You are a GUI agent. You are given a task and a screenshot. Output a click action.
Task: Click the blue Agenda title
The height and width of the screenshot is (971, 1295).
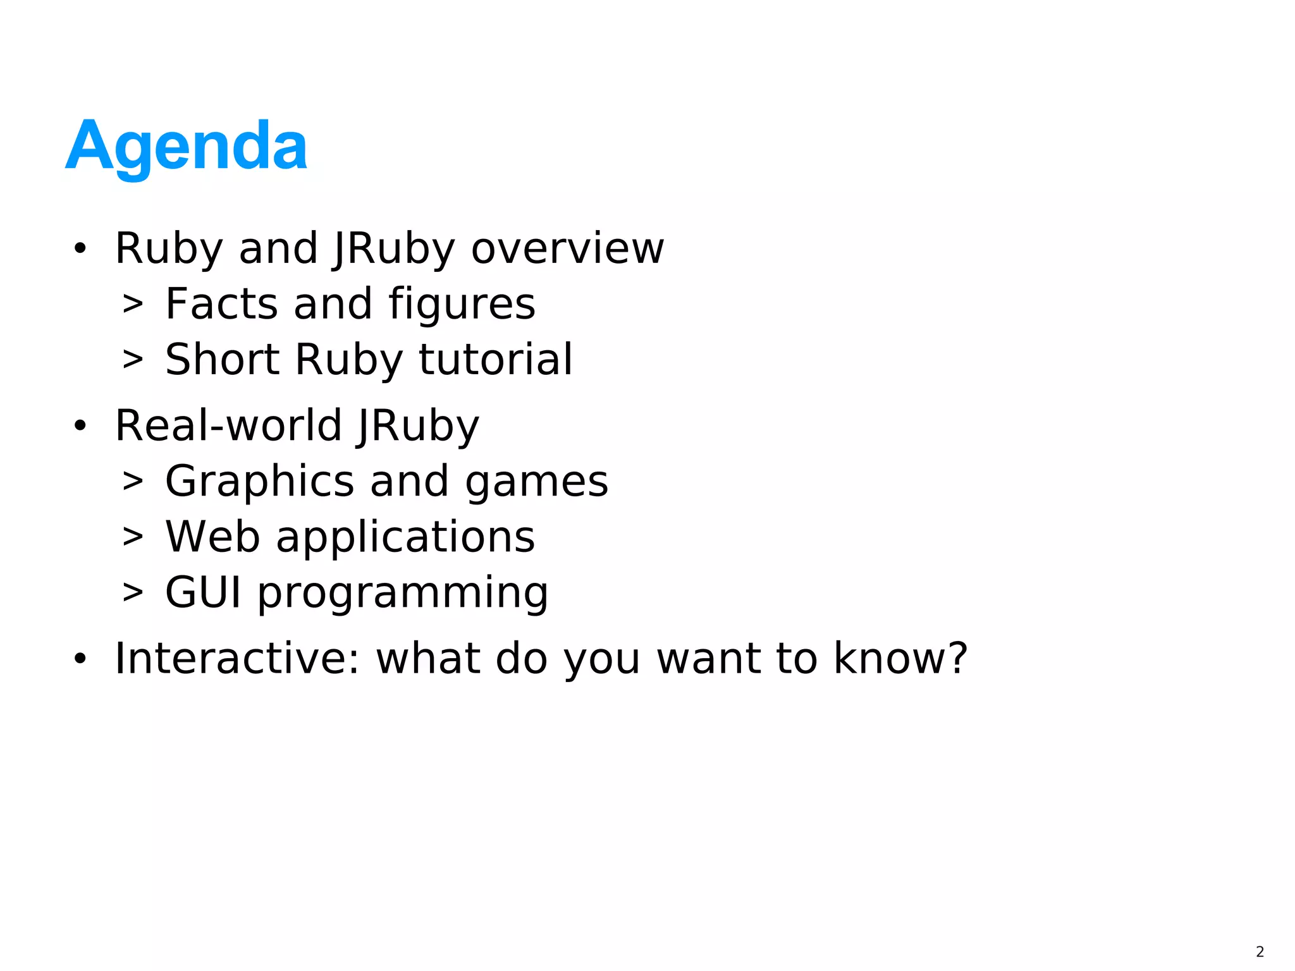pyautogui.click(x=187, y=147)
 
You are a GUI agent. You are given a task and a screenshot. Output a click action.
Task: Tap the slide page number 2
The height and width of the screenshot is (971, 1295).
pyautogui.click(x=1260, y=951)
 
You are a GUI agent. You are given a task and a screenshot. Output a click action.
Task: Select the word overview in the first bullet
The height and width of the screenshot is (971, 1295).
pyautogui.click(x=567, y=248)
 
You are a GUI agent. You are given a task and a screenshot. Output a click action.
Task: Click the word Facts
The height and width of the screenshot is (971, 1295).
pyautogui.click(x=221, y=304)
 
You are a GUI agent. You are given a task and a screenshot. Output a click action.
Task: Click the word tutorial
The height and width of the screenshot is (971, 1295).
pyautogui.click(x=496, y=360)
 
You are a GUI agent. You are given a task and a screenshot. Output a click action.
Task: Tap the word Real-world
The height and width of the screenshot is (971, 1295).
pyautogui.click(x=228, y=425)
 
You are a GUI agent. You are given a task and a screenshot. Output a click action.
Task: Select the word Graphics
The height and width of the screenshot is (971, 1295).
pyautogui.click(x=259, y=482)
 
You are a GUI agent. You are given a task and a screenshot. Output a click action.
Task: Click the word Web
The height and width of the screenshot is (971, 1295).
pyautogui.click(x=212, y=537)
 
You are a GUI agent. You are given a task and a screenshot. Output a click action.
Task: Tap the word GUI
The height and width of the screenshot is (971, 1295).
pyautogui.click(x=203, y=593)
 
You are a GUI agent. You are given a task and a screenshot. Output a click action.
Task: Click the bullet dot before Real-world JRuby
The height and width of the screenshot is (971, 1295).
pyautogui.click(x=80, y=426)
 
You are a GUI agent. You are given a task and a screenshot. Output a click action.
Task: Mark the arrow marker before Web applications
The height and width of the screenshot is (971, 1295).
pyautogui.click(x=133, y=537)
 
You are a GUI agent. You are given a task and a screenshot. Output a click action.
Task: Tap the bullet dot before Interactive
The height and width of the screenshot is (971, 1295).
pyautogui.click(x=80, y=659)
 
